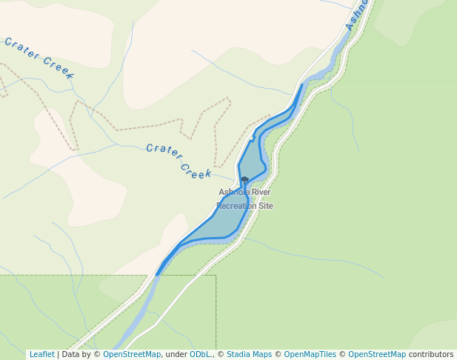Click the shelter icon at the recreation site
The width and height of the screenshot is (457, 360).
click(244, 179)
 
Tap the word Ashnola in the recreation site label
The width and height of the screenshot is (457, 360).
click(234, 193)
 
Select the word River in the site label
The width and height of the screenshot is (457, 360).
click(261, 193)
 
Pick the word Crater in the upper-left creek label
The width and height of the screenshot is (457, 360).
click(21, 49)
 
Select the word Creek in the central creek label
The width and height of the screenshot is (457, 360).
click(196, 170)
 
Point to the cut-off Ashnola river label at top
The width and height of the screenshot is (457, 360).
click(357, 15)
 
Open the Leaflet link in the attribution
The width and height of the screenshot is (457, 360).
click(41, 354)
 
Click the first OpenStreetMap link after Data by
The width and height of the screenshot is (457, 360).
click(131, 354)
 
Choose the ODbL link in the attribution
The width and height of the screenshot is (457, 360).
click(200, 354)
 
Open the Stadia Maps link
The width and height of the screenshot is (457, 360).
click(249, 354)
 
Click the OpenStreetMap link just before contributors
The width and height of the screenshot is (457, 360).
click(377, 354)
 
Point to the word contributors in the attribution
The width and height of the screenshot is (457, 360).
click(431, 354)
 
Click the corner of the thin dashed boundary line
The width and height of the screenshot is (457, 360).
click(216, 276)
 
